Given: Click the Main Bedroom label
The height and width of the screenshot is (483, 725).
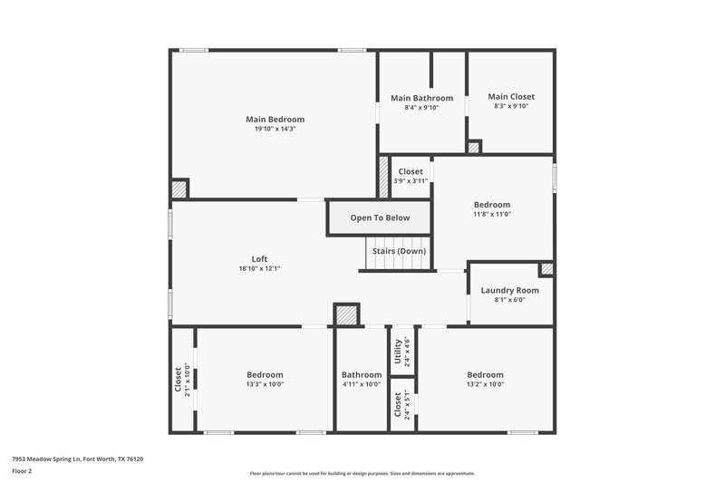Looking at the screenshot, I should pos(275,119).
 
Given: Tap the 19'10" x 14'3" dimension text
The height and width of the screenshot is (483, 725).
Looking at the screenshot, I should pos(275,129).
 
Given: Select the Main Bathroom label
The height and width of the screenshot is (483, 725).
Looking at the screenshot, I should pos(421,98).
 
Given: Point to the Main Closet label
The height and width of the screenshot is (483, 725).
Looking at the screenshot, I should pos(511,96).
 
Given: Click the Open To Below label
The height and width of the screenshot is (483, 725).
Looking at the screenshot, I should pos(380,217).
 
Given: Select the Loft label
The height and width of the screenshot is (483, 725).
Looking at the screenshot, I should pos(260,258).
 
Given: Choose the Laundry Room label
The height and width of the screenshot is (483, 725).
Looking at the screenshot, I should pos(510,290).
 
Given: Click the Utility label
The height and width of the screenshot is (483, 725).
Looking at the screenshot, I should pos(398,350).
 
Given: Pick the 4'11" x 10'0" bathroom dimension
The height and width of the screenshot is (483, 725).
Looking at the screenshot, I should pos(362,384).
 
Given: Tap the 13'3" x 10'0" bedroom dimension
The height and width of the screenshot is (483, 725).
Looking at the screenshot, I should pos(266,384).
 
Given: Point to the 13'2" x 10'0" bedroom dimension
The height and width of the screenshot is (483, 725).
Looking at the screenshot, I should pos(485,384).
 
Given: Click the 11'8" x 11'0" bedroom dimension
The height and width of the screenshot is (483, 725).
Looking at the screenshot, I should pos(493,214).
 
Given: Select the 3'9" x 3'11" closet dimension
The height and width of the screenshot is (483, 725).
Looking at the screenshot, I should pos(411,180).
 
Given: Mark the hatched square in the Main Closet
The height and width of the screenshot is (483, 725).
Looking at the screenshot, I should pos(474,147).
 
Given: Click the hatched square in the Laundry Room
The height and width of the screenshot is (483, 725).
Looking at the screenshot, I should pos(546,269).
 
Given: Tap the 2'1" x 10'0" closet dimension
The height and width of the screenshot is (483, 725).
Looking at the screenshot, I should pos(188,381).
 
